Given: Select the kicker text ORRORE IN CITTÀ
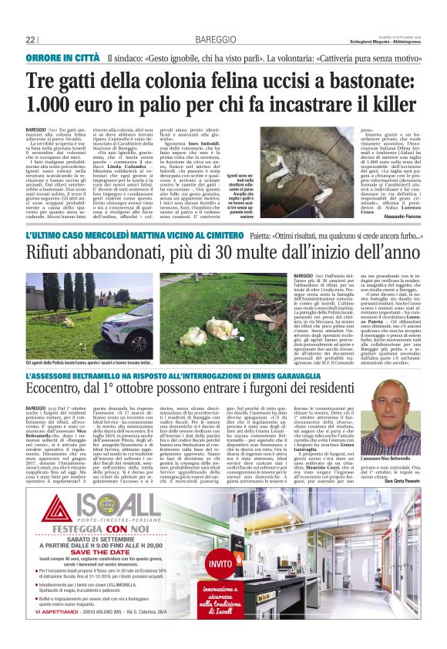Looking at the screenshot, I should click(x=62, y=59).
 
